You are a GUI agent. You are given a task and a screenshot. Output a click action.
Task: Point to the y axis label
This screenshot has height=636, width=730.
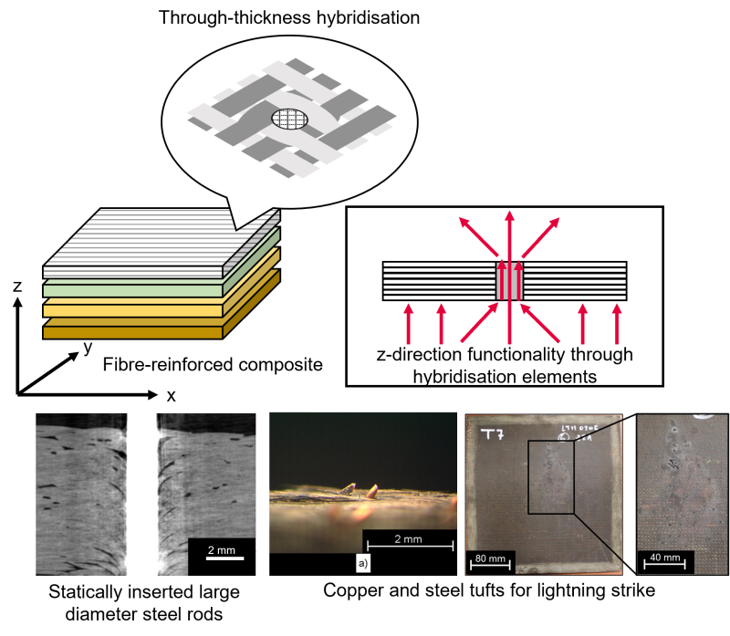[88, 347]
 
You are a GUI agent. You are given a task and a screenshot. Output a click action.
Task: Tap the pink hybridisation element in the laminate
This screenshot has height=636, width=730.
[507, 281]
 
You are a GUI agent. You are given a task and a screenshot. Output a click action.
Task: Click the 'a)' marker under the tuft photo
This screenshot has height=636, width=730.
[362, 564]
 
